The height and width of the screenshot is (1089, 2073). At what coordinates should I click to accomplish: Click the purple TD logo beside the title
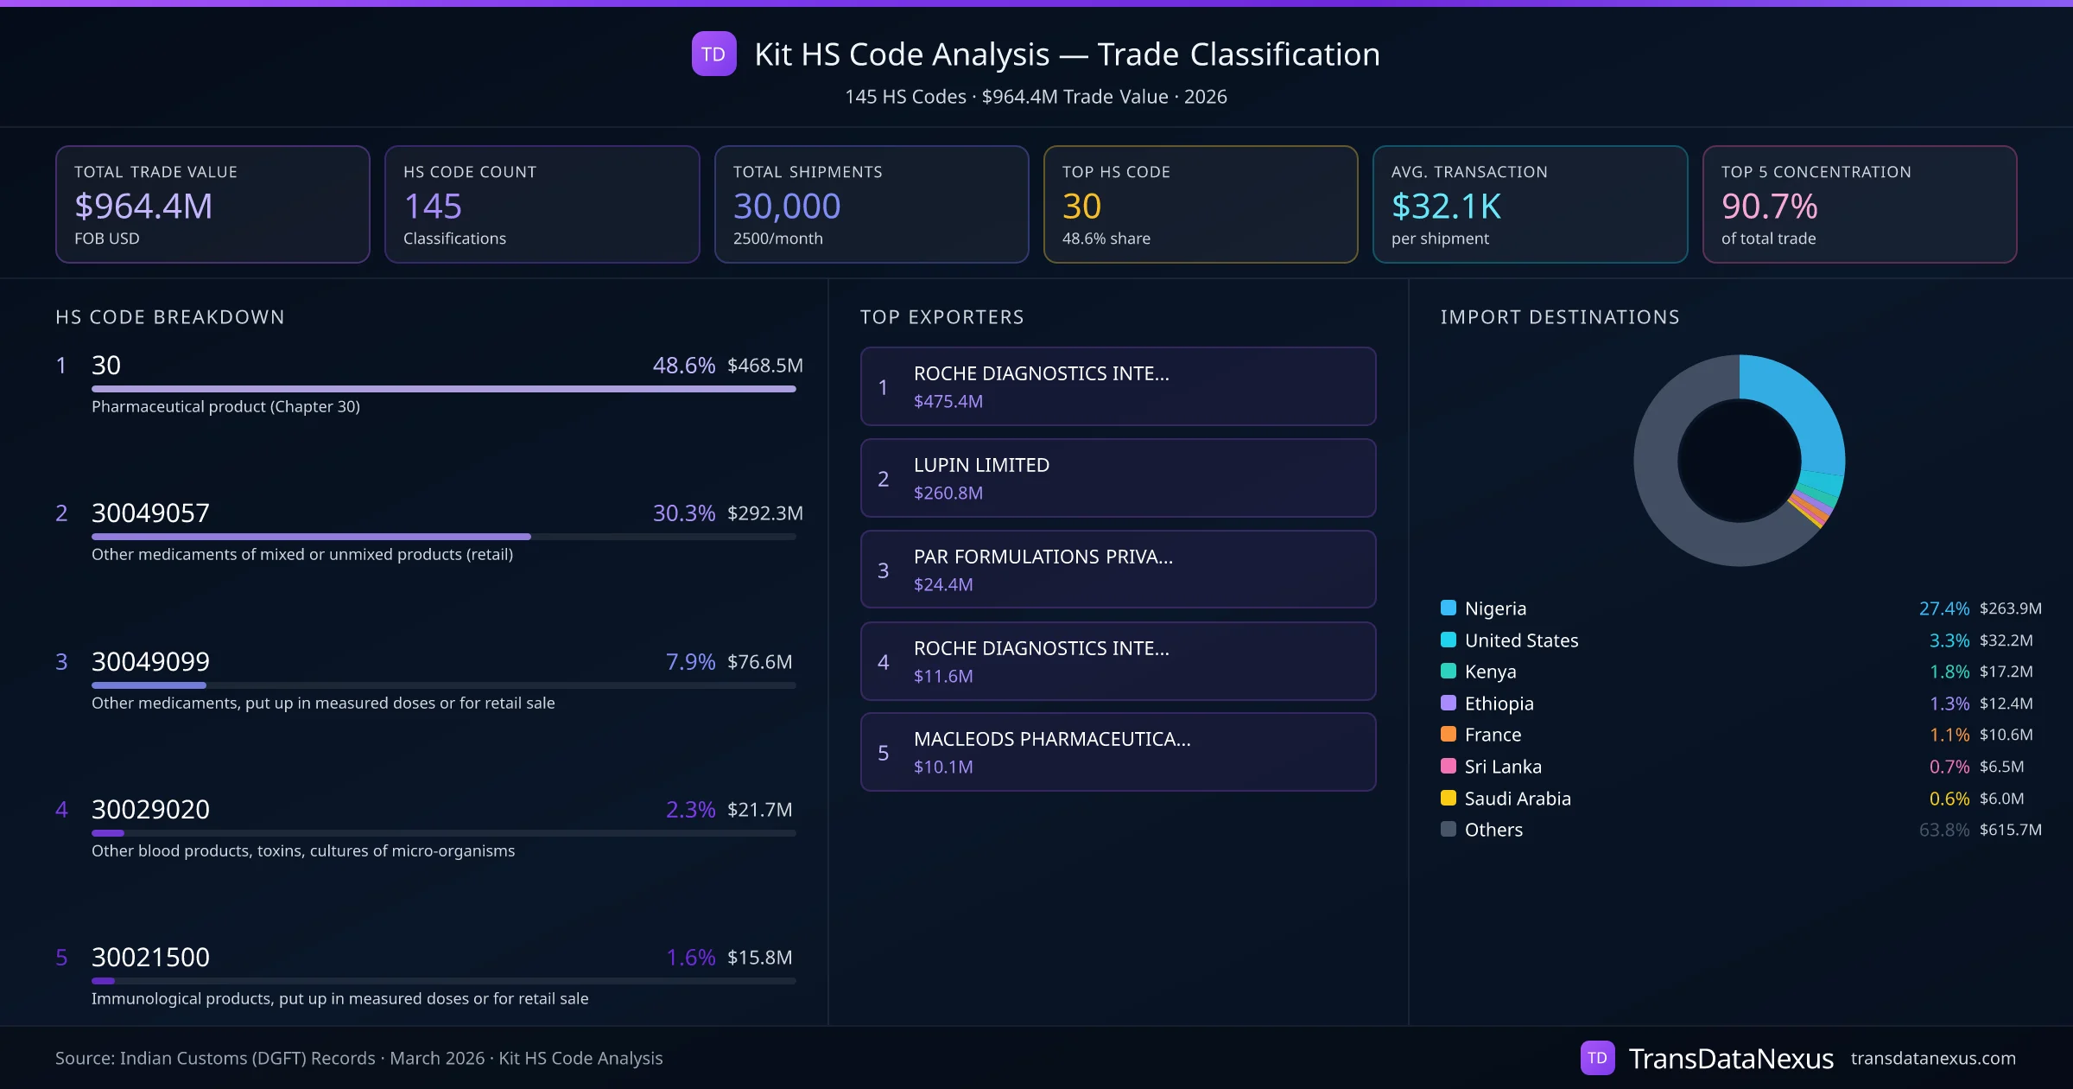coord(713,54)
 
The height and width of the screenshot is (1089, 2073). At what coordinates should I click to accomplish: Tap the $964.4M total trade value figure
coord(143,207)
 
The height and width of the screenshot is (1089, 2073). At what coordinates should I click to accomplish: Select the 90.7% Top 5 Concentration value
coord(1769,207)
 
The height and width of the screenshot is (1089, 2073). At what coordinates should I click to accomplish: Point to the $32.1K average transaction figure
coord(1446,207)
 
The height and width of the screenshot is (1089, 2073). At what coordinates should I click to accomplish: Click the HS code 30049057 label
coord(150,513)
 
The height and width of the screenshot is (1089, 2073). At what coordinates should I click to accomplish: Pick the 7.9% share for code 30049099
coord(690,662)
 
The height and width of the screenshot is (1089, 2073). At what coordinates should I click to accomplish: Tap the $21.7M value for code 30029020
coord(759,810)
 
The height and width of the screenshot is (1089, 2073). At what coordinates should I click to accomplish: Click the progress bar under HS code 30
coord(443,389)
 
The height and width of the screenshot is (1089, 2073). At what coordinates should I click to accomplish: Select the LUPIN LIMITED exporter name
coord(981,465)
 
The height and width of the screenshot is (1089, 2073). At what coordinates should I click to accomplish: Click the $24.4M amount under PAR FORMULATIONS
coord(943,585)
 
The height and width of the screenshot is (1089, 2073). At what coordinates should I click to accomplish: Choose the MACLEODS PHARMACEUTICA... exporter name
coord(1052,739)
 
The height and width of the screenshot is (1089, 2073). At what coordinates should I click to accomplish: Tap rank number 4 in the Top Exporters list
coord(883,662)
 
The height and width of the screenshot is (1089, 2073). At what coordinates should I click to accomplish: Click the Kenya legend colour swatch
coord(1449,672)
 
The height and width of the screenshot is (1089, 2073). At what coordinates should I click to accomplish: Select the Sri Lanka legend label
coord(1503,767)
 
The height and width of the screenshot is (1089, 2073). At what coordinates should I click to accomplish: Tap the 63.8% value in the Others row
coord(1943,830)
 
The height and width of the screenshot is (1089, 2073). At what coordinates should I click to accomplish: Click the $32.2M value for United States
coord(2006,640)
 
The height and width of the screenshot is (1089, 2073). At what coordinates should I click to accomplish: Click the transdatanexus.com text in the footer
coord(1933,1059)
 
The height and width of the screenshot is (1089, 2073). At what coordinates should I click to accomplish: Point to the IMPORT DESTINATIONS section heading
coord(1560,317)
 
